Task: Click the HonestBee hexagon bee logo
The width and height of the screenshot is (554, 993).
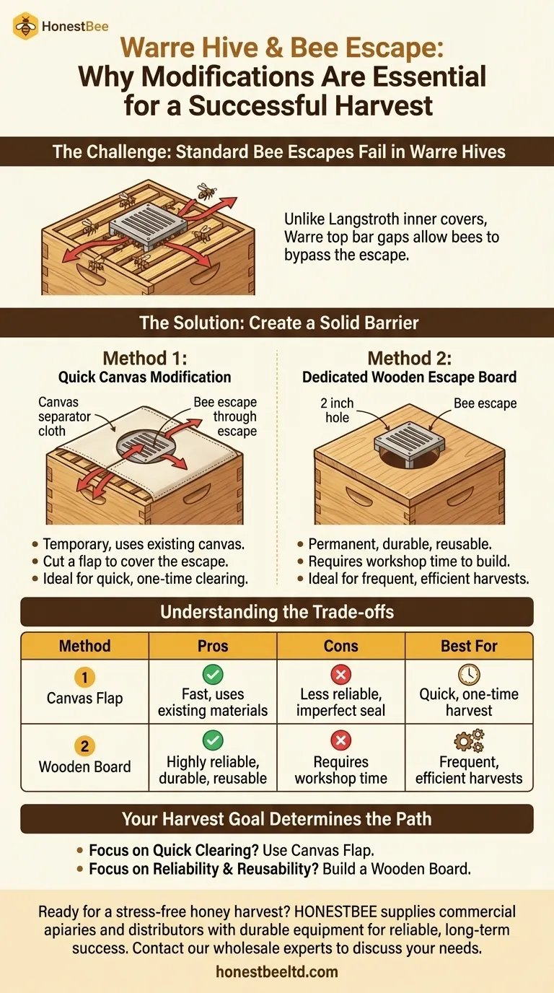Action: (x=26, y=26)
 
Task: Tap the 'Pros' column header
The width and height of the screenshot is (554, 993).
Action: (x=213, y=646)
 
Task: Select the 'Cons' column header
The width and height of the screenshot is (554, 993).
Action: (x=340, y=646)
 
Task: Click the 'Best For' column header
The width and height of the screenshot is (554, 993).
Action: (x=469, y=646)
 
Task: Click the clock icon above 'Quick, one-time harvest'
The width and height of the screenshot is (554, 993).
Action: (x=469, y=674)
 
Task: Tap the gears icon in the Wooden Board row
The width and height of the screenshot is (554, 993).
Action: (x=469, y=740)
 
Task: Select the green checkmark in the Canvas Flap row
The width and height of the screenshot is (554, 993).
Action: (x=213, y=674)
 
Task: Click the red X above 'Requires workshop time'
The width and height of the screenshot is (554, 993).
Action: (x=340, y=740)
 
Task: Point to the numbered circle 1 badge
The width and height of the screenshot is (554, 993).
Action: (x=84, y=678)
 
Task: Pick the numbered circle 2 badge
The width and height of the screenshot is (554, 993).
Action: (x=84, y=746)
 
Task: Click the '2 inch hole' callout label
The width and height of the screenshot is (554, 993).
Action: (x=338, y=410)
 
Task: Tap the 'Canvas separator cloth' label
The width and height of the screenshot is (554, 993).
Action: (x=64, y=416)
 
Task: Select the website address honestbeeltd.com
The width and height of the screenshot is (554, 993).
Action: (x=277, y=972)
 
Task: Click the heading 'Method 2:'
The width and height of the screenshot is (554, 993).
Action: (x=410, y=358)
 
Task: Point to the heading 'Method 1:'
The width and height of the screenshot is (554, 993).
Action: (x=145, y=358)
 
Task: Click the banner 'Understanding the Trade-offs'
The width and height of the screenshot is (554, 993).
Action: (x=277, y=612)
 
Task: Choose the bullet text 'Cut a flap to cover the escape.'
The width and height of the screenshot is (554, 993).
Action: (x=136, y=561)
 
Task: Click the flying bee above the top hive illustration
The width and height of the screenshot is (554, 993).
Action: (x=206, y=191)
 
